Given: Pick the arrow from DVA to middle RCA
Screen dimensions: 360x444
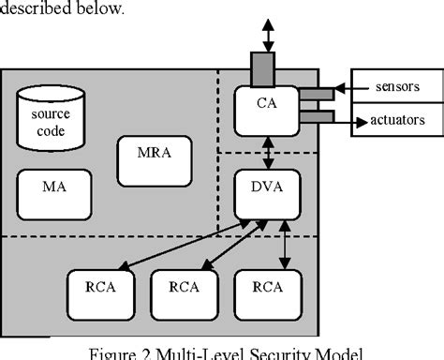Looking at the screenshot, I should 229,247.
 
